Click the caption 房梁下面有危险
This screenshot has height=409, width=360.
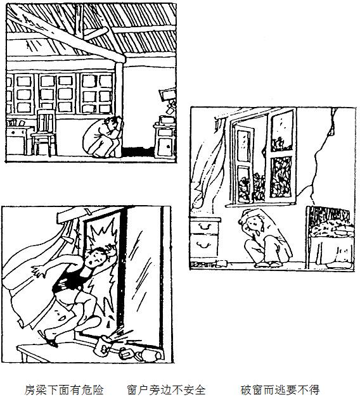64,390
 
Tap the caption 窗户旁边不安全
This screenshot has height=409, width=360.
167,390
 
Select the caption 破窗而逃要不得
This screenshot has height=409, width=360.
280,390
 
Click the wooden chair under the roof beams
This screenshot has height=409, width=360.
44,132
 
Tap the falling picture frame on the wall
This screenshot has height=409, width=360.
167,95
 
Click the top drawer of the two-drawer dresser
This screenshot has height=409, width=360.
204,227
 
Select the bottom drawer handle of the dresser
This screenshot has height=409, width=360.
204,245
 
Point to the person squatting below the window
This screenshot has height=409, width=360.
264,237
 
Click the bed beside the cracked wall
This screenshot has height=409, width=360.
331,236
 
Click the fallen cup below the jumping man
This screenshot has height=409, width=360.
104,346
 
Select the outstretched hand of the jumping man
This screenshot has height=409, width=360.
39,271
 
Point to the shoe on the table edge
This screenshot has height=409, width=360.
49,338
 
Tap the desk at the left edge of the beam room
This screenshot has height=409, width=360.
18,138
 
